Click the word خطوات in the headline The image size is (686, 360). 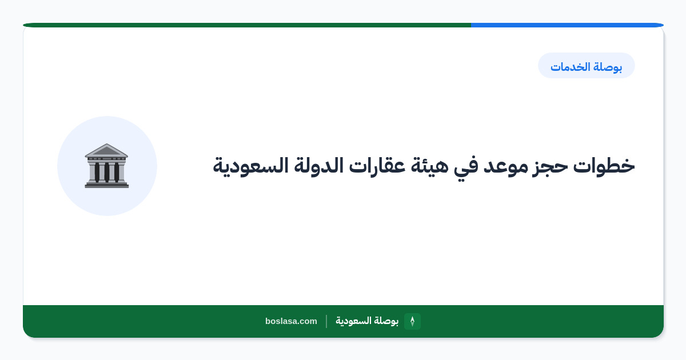pyautogui.click(x=604, y=166)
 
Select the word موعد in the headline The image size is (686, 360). pyautogui.click(x=505, y=166)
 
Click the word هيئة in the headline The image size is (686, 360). pyautogui.click(x=429, y=166)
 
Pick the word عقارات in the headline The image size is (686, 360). pyautogui.click(x=377, y=166)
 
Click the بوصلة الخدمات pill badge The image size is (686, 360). pyautogui.click(x=587, y=66)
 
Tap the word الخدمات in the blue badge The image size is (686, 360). pyautogui.click(x=570, y=66)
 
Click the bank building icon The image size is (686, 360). pyautogui.click(x=106, y=166)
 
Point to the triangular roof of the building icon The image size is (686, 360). pyautogui.click(x=106, y=150)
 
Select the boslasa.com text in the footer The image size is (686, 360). pyautogui.click(x=291, y=321)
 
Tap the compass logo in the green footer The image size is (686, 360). pyautogui.click(x=412, y=321)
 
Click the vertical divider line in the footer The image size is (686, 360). pyautogui.click(x=326, y=321)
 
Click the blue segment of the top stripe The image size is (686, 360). pyautogui.click(x=567, y=25)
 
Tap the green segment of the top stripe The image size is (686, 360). pyautogui.click(x=247, y=25)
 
